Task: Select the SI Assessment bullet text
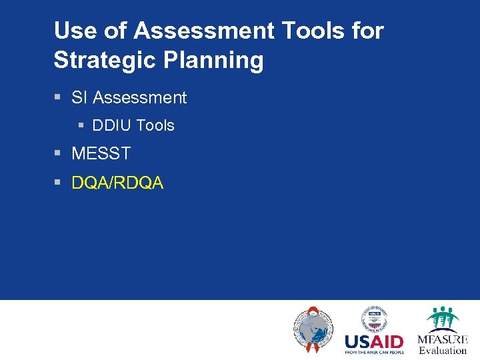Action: click(x=129, y=98)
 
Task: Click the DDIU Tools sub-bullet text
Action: click(x=133, y=125)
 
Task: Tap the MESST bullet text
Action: click(x=101, y=153)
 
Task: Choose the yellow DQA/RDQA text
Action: click(x=117, y=183)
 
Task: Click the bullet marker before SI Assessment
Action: click(x=57, y=98)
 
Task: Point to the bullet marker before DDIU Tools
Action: click(x=81, y=125)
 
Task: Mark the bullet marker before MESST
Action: click(x=57, y=153)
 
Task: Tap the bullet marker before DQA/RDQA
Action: click(x=57, y=183)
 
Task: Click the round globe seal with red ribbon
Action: click(x=313, y=330)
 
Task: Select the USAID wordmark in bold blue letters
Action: click(x=373, y=342)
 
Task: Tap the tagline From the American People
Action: click(x=374, y=352)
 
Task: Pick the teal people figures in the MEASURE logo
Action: click(x=443, y=319)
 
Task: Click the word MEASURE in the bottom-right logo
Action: click(x=443, y=339)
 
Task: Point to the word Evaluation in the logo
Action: click(x=443, y=350)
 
